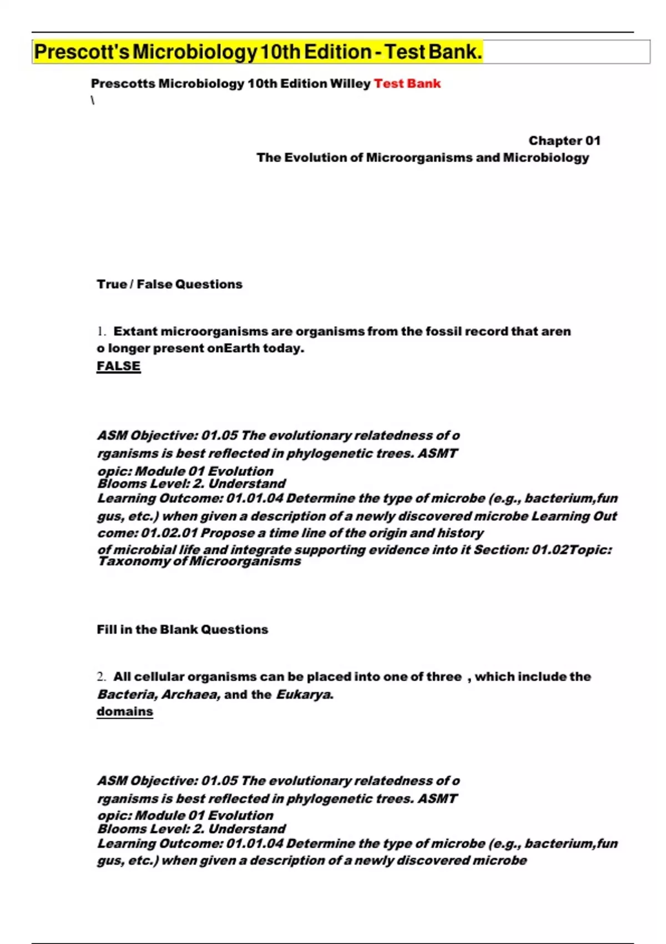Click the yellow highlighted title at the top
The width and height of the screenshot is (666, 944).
tap(258, 52)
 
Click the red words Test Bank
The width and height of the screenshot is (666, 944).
tap(407, 84)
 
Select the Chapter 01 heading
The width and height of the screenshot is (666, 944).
tap(564, 141)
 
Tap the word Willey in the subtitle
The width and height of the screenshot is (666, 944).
tap(350, 84)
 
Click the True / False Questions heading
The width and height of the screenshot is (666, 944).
tap(169, 284)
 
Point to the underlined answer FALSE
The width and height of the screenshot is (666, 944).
tap(118, 366)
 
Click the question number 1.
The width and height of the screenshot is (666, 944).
tap(100, 332)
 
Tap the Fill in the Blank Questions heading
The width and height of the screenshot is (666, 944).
tap(182, 630)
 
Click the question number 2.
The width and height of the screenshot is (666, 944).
tap(100, 677)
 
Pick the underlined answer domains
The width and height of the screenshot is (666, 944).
tap(124, 712)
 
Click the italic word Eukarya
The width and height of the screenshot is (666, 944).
tap(305, 695)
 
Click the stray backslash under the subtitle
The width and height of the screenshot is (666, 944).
tap(93, 101)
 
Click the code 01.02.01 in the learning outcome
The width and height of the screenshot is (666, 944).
tap(169, 533)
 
